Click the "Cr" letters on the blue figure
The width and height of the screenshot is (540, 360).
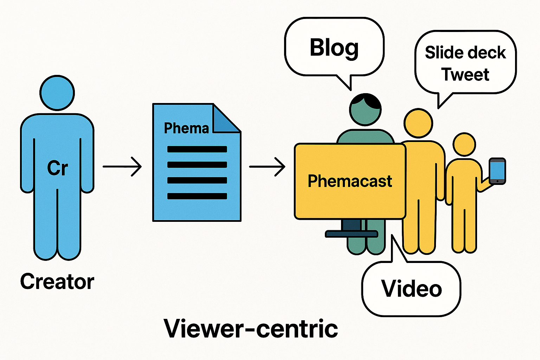57,168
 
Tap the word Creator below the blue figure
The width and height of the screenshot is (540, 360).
57,282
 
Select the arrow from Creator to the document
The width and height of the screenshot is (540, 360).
122,166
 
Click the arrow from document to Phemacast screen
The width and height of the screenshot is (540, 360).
267,166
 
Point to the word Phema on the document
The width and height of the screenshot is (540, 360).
186,128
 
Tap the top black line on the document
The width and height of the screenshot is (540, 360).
197,149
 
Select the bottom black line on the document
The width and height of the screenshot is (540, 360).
197,196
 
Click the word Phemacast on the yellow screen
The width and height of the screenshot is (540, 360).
350,181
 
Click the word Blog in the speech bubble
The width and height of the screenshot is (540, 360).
334,48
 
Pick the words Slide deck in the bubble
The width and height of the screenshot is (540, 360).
465,53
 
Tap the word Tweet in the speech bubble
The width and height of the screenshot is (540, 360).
465,75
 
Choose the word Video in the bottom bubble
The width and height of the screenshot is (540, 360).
411,289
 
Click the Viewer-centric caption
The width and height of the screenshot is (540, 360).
251,329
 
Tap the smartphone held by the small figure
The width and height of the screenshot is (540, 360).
497,171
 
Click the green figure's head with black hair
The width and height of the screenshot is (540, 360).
365,109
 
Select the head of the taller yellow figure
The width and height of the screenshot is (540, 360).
418,123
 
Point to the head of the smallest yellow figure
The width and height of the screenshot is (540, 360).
464,144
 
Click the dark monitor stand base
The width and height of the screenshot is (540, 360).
351,234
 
